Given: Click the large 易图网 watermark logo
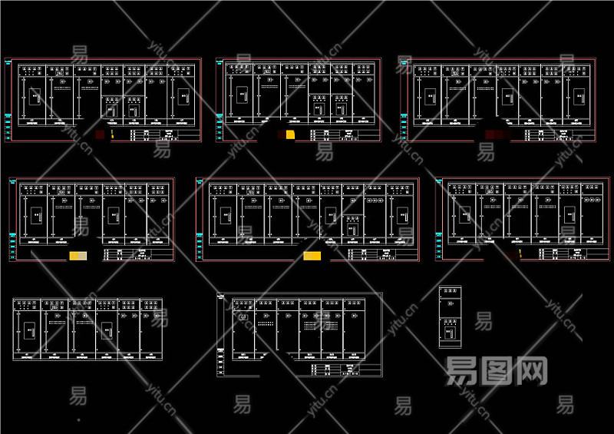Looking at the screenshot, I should pyautogui.click(x=497, y=371).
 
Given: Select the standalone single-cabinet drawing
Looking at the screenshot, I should pyautogui.click(x=451, y=317).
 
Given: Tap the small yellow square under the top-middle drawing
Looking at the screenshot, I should pyautogui.click(x=290, y=135).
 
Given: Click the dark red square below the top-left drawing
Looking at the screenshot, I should pyautogui.click(x=101, y=134).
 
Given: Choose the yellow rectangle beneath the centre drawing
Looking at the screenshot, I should pyautogui.click(x=312, y=256).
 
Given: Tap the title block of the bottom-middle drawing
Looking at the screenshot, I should pyautogui.click(x=345, y=369).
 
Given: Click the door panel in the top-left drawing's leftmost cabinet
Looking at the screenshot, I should pyautogui.click(x=35, y=97).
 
